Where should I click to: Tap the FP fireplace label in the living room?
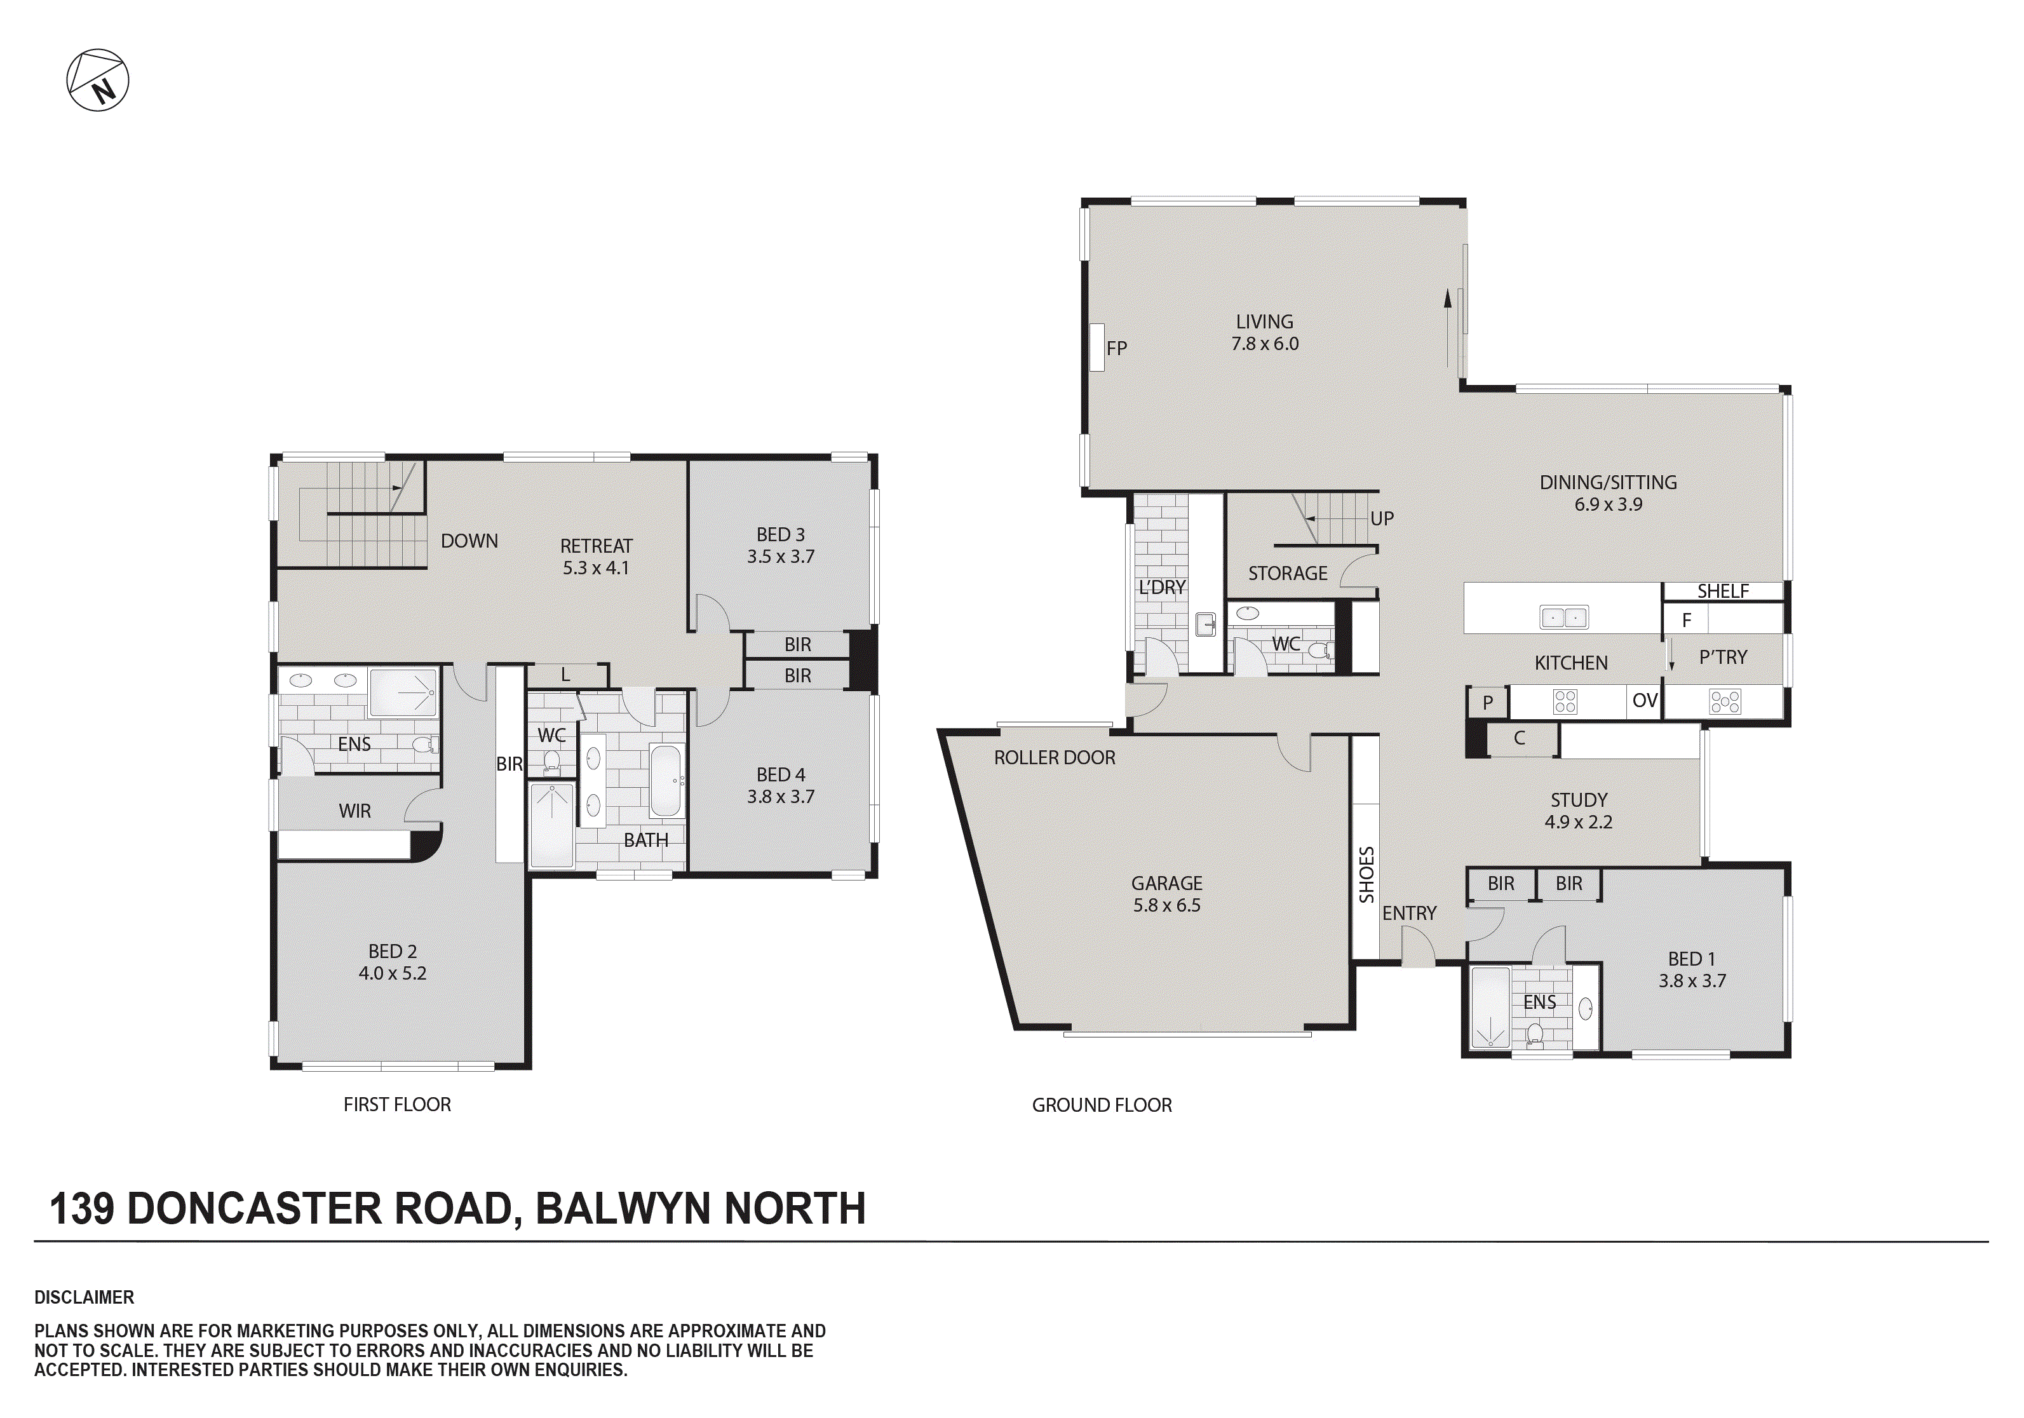[1116, 348]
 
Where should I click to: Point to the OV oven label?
[1644, 701]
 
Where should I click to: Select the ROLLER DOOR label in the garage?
[1055, 757]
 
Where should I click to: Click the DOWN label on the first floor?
[469, 541]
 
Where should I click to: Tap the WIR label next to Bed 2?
[354, 811]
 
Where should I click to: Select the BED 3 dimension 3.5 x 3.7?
[780, 557]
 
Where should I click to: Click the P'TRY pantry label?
[1722, 658]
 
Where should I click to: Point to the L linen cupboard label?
[565, 675]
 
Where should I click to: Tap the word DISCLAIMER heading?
[84, 1297]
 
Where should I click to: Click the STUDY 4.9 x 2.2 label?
[1578, 811]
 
